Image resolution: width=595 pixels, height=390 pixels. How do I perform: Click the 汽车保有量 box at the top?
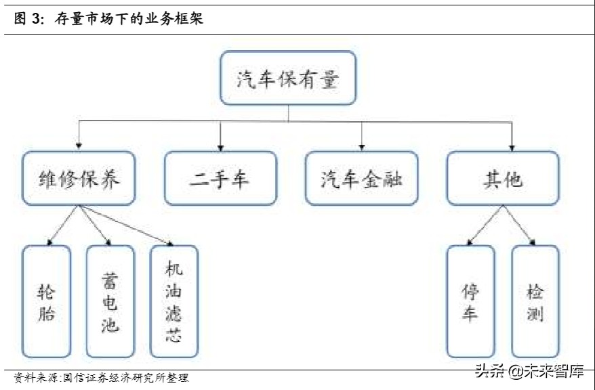pyautogui.click(x=288, y=78)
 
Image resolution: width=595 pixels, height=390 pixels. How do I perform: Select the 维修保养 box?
pyautogui.click(x=79, y=178)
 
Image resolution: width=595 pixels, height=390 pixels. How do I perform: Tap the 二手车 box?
pyautogui.click(x=220, y=178)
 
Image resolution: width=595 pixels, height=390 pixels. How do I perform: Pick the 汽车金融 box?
pyautogui.click(x=361, y=178)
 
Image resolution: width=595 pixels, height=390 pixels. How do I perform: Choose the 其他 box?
pyautogui.click(x=502, y=178)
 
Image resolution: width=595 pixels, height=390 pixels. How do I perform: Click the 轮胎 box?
pyautogui.click(x=46, y=301)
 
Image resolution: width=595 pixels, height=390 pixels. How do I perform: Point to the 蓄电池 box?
pyautogui.click(x=110, y=301)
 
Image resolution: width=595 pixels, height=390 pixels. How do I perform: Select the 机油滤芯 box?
pyautogui.click(x=174, y=301)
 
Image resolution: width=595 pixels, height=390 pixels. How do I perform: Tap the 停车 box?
pyautogui.click(x=470, y=301)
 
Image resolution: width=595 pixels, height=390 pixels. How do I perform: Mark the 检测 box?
pyautogui.click(x=535, y=301)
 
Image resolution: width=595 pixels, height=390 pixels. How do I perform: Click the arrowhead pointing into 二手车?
pyautogui.click(x=220, y=146)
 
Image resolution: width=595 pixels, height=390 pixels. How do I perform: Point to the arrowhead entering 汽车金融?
pyautogui.click(x=361, y=146)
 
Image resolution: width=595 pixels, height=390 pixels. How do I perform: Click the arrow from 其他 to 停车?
pyautogui.click(x=485, y=224)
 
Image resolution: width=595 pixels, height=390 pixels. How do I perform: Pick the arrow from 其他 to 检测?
pyautogui.click(x=518, y=224)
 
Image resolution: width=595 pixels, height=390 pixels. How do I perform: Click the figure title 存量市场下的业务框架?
pyautogui.click(x=129, y=20)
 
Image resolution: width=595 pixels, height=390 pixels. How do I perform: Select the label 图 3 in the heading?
pyautogui.click(x=27, y=20)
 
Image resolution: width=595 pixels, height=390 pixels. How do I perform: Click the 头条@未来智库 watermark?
pyautogui.click(x=529, y=371)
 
